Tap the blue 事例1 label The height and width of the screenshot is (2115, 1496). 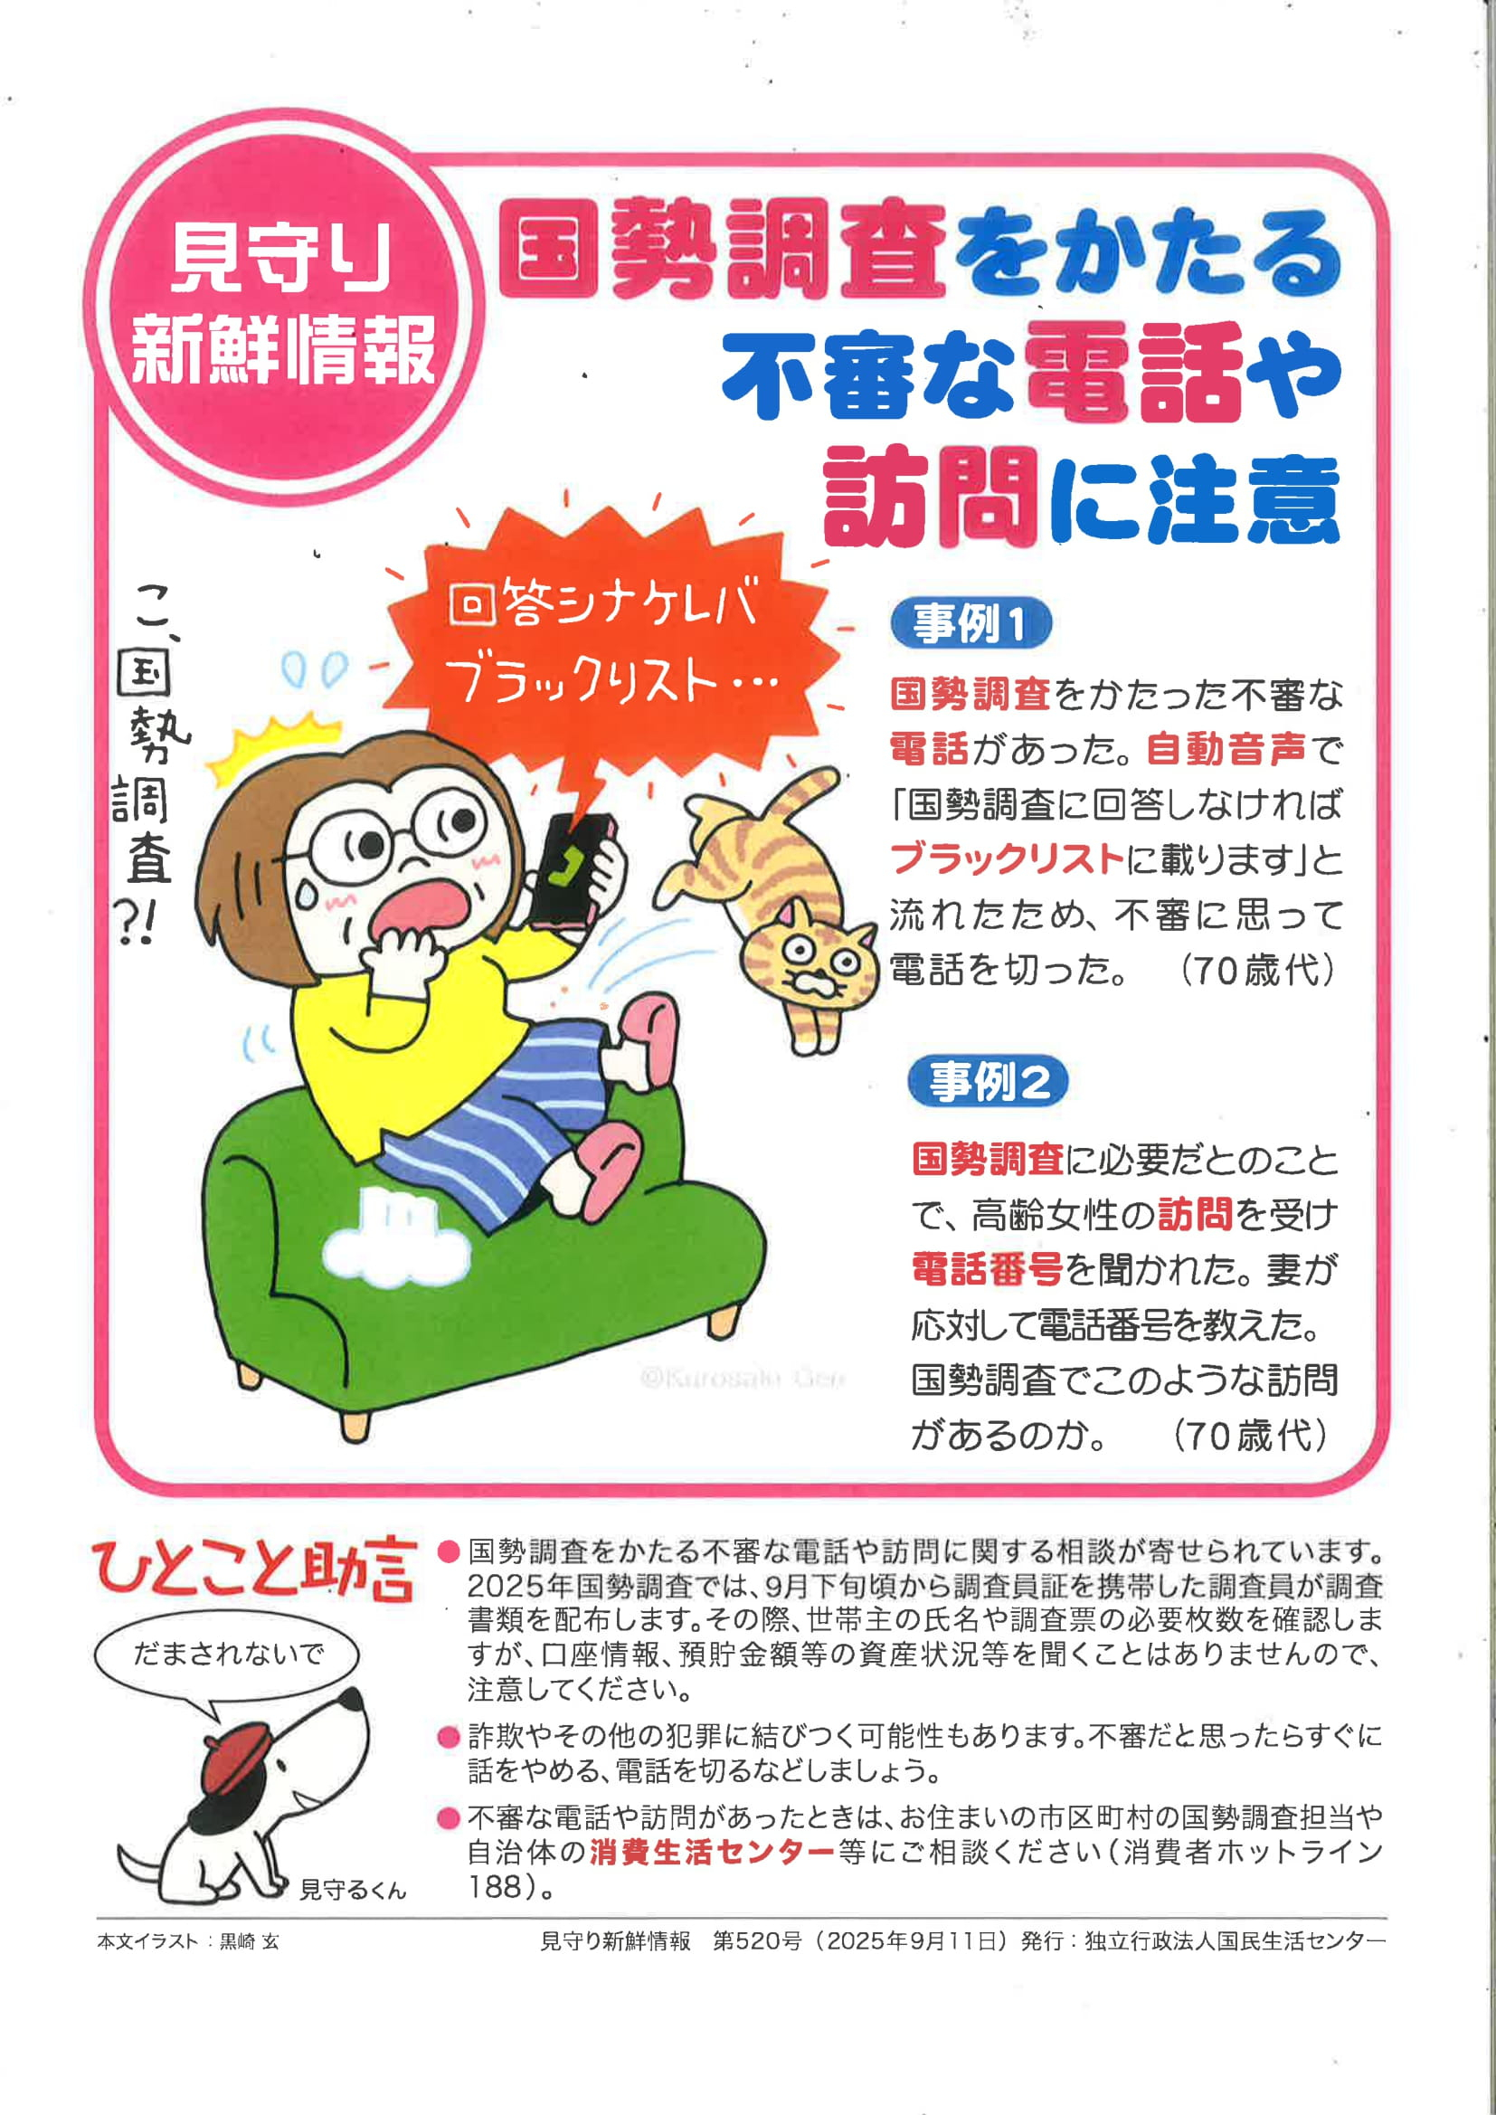(x=970, y=623)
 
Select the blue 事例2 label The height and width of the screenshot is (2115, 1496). (x=988, y=1080)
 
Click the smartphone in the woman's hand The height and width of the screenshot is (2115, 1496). (x=575, y=868)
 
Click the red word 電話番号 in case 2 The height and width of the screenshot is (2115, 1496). (x=988, y=1269)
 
